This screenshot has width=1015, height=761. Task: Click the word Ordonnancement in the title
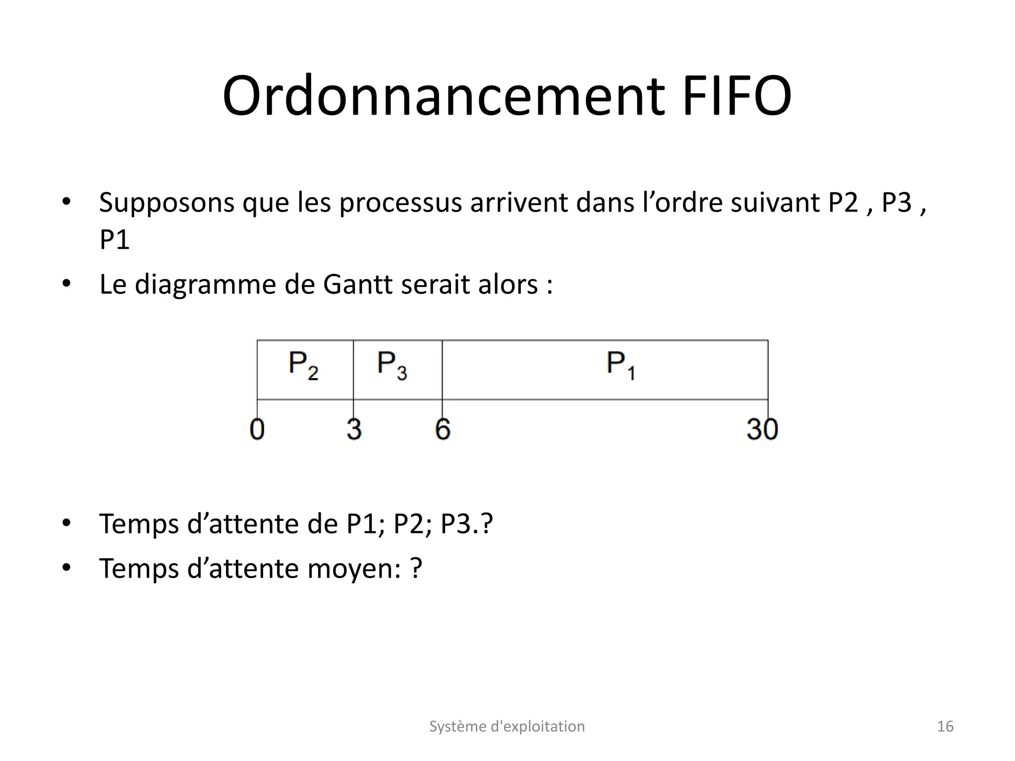[x=444, y=97]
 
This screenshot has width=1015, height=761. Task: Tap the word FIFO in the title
[x=737, y=97]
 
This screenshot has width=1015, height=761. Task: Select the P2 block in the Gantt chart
[x=305, y=370]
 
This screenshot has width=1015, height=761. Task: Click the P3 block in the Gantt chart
[x=397, y=370]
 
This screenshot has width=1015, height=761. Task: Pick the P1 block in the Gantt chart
[x=605, y=370]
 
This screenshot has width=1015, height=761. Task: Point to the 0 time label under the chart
[x=257, y=429]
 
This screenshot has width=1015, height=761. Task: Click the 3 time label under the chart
[x=354, y=429]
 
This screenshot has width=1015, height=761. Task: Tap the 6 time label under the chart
[x=443, y=429]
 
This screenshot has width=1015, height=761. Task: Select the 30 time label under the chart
[x=762, y=429]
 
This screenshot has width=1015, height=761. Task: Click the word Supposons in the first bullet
[x=167, y=203]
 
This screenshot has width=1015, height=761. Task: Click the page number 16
[x=945, y=726]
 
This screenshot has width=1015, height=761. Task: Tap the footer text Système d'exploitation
[x=507, y=726]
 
